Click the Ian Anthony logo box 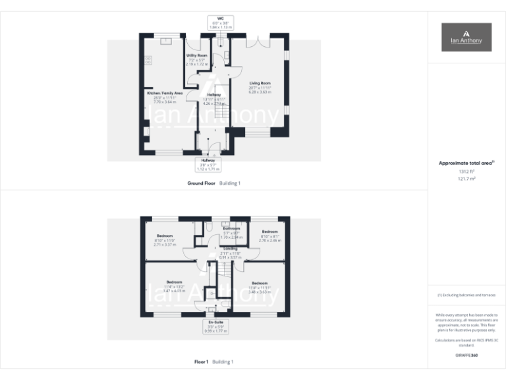pyautogui.click(x=466, y=37)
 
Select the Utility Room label pyautogui.click(x=197, y=59)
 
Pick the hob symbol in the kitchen pyautogui.click(x=148, y=61)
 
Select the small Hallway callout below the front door pyautogui.click(x=209, y=164)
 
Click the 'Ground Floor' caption pyautogui.click(x=202, y=183)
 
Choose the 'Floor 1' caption pyautogui.click(x=202, y=362)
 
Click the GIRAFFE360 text pyautogui.click(x=466, y=356)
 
